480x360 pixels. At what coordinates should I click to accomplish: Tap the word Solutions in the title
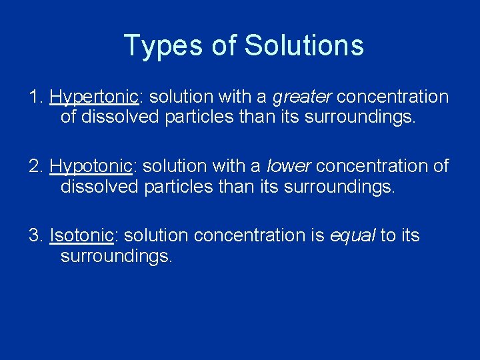click(304, 46)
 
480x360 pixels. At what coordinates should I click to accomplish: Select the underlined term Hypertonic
click(93, 97)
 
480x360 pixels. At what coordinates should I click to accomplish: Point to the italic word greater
click(301, 97)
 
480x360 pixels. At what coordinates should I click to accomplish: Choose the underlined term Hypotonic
click(90, 166)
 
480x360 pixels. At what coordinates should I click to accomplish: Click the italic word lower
click(288, 166)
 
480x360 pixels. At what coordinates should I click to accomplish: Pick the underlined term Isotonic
click(81, 235)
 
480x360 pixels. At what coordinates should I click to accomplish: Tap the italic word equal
click(352, 235)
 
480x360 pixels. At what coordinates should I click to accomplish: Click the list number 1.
click(35, 97)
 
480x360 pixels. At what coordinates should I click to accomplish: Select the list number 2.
click(35, 166)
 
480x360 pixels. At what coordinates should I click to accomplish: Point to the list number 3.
click(35, 235)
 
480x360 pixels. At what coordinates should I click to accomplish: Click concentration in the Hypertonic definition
click(393, 97)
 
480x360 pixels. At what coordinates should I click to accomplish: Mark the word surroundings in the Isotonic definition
click(116, 257)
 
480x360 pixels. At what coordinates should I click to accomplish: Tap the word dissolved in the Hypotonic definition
click(100, 187)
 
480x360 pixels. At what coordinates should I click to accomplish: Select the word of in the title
click(223, 46)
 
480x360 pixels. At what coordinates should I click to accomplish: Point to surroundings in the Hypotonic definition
click(339, 187)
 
